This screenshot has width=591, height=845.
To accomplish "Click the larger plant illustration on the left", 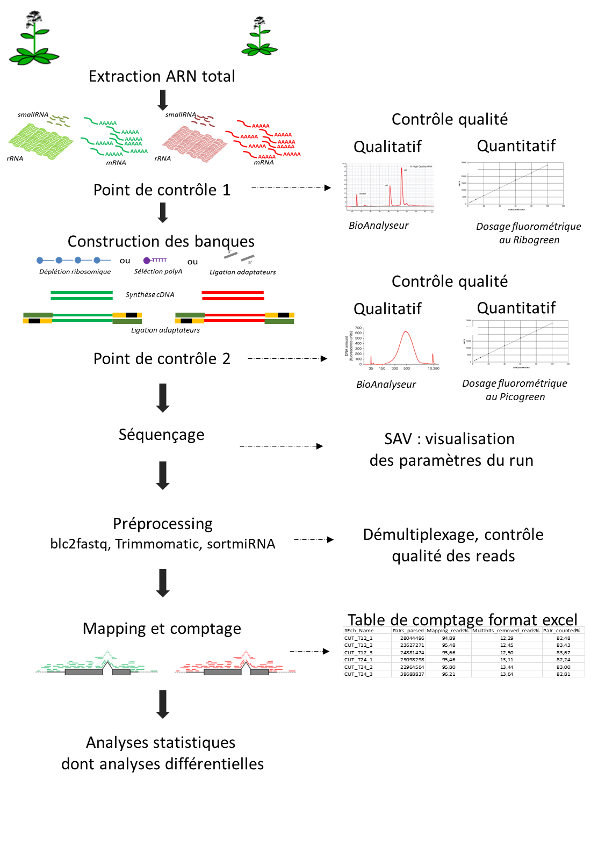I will [31, 37].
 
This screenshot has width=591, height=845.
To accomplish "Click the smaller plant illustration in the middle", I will [257, 35].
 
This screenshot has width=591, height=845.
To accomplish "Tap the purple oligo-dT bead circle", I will [147, 261].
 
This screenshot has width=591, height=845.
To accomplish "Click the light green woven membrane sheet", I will [41, 141].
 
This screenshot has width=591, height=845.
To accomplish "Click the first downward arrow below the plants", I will [163, 100].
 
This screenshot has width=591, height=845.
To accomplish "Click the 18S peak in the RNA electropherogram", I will [390, 187].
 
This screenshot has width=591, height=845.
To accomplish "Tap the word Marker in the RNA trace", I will [363, 193].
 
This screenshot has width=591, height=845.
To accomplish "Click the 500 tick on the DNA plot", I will [407, 369].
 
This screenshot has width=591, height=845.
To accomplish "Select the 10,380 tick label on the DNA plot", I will [433, 369].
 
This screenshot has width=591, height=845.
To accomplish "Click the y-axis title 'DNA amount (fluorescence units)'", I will [349, 346].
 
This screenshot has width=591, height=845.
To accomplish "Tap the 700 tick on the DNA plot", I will [358, 328].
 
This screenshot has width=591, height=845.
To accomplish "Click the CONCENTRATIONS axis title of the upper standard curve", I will [516, 210].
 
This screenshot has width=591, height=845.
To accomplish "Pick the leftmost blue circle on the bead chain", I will [40, 261].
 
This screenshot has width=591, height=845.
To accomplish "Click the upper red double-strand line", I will [233, 292].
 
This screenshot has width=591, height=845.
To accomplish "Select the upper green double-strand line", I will [82, 292].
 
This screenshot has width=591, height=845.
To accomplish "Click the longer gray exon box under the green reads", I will [84, 672].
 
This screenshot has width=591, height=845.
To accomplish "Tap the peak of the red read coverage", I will [246, 652].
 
